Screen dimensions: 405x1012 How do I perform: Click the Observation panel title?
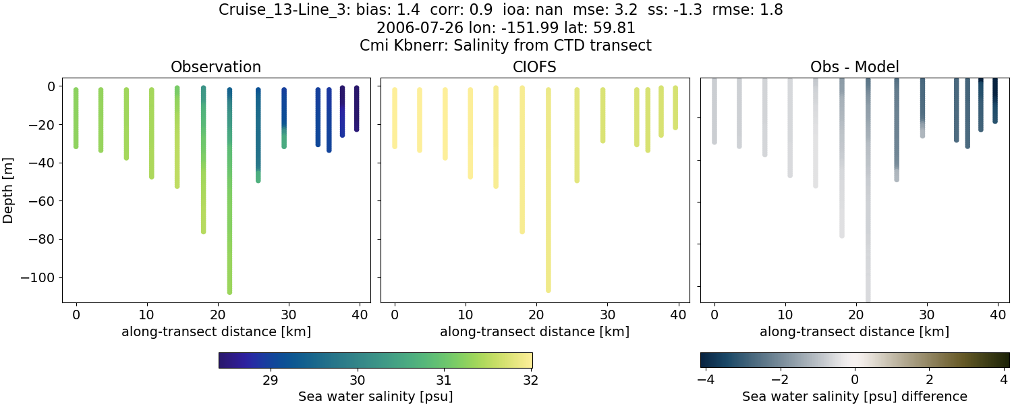point(216,67)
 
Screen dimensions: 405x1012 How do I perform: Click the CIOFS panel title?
point(535,67)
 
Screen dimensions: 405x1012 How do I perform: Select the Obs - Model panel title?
point(854,67)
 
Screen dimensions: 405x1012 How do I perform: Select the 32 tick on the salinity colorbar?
point(531,379)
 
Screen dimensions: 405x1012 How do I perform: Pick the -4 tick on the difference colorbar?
point(705,379)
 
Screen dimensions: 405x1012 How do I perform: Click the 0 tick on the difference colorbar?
point(855,379)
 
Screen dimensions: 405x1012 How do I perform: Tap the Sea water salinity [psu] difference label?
point(854,396)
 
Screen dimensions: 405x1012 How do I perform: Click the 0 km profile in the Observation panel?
point(76,118)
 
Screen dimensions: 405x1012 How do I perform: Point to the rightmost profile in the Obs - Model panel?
point(994,101)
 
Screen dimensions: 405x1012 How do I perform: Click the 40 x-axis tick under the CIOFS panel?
point(679,315)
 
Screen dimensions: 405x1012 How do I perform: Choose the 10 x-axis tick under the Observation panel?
point(147,315)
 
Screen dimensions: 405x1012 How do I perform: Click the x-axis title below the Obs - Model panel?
point(854,331)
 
